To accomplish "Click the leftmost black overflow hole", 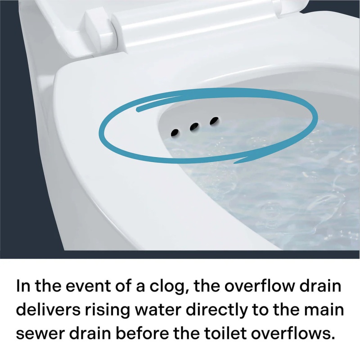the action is coord(175,132).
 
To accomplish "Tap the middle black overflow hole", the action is coord(194,126).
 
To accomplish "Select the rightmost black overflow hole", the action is coord(214,121).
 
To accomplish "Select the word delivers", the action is coord(48,310).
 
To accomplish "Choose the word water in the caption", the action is coord(158,310).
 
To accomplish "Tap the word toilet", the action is coord(225,333).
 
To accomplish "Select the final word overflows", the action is coord(292,333).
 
